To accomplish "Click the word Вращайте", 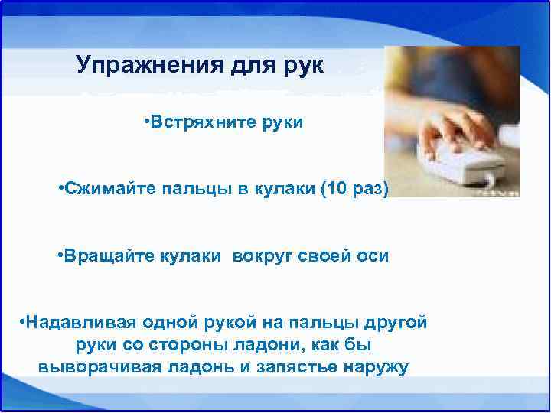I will coord(108,256).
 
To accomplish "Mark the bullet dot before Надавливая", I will coord(22,322).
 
